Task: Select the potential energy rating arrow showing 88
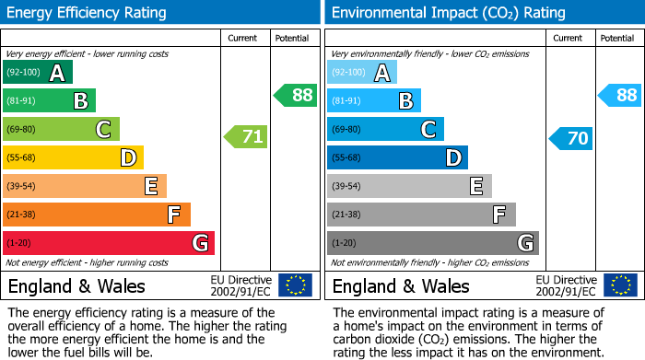tap(295, 95)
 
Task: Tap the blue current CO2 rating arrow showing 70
tap(571, 139)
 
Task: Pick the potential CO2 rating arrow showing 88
tap(620, 95)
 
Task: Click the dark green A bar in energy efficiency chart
tap(37, 73)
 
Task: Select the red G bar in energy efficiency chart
tap(108, 243)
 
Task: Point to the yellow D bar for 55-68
tap(73, 158)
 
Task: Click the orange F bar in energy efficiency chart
tap(96, 215)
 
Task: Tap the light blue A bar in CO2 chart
tap(362, 73)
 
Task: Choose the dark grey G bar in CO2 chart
tap(432, 243)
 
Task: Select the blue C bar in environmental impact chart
tap(385, 130)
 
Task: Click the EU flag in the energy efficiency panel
tap(295, 285)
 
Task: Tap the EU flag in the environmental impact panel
tap(620, 285)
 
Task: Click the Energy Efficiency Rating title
tap(88, 13)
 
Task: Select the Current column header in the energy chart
tap(243, 38)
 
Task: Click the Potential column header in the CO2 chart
tap(616, 38)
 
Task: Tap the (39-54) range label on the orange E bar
tap(21, 187)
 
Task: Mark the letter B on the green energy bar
tap(80, 101)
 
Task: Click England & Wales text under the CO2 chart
tap(401, 285)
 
